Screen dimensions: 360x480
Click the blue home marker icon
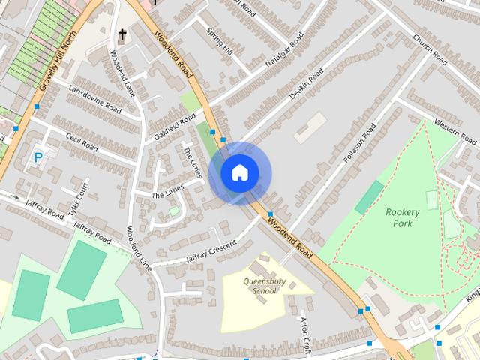tap(239, 173)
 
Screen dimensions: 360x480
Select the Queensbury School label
tap(259, 286)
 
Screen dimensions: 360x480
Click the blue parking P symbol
tap(38, 158)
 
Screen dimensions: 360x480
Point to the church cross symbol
tap(121, 34)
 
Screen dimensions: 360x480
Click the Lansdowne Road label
tap(94, 104)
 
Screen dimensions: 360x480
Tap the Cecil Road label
tap(82, 141)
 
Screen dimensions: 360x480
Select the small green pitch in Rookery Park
tap(368, 196)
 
